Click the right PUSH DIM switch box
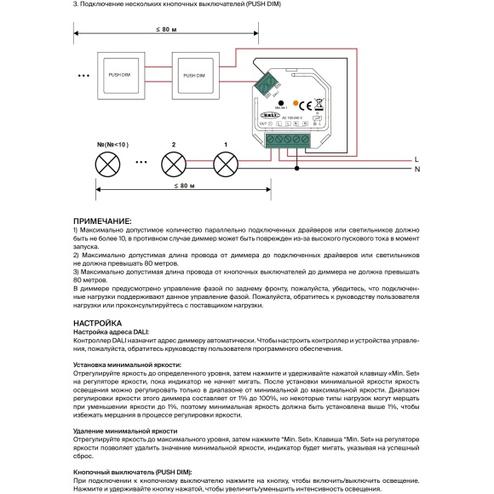click(x=195, y=76)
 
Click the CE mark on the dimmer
click(x=313, y=104)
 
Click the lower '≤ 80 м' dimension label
click(x=184, y=186)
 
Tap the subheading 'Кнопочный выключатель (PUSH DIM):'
click(x=133, y=472)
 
